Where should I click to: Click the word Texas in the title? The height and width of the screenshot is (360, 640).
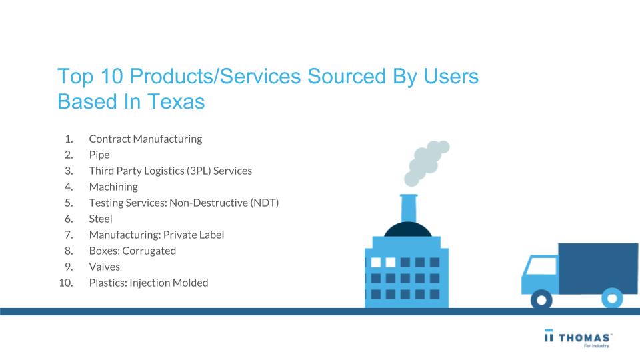point(176,101)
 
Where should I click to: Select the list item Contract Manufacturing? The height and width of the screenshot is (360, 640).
point(145,139)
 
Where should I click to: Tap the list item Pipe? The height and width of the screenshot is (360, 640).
point(99,155)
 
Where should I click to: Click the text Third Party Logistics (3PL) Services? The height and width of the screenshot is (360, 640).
point(170,171)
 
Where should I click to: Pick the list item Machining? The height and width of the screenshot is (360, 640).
point(113,187)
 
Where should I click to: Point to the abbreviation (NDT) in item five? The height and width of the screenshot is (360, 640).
point(265,203)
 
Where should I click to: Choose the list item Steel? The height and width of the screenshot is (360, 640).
point(101,219)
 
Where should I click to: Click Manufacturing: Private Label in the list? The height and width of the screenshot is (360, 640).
point(156,235)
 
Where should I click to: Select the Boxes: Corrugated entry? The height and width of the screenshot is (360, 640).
point(132,251)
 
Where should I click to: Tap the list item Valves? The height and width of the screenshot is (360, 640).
point(105,267)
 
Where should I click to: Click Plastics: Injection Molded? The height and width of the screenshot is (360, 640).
point(149,283)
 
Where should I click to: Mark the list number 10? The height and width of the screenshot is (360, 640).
point(66,283)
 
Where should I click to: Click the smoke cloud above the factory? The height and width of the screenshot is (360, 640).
point(427,163)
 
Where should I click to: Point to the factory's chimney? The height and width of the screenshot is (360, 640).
point(409,208)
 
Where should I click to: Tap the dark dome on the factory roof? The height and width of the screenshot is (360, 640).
point(408,229)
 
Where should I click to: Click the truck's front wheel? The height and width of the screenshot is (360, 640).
point(541,300)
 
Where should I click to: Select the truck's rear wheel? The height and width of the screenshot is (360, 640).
point(612,299)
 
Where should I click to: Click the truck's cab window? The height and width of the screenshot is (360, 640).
point(541,266)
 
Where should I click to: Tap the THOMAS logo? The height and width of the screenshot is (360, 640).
point(578,338)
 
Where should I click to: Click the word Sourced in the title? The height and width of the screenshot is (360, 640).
point(347,76)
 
